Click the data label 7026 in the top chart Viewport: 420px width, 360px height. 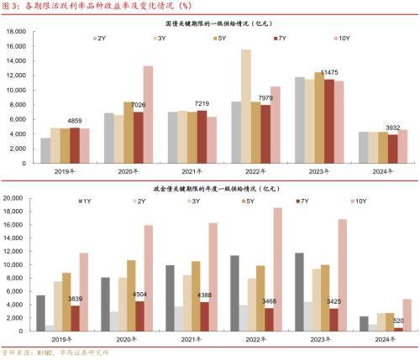(x=136, y=104)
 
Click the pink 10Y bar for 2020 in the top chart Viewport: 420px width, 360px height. (x=148, y=113)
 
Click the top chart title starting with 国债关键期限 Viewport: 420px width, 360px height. (x=209, y=26)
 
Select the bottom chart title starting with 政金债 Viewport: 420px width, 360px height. (x=209, y=190)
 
